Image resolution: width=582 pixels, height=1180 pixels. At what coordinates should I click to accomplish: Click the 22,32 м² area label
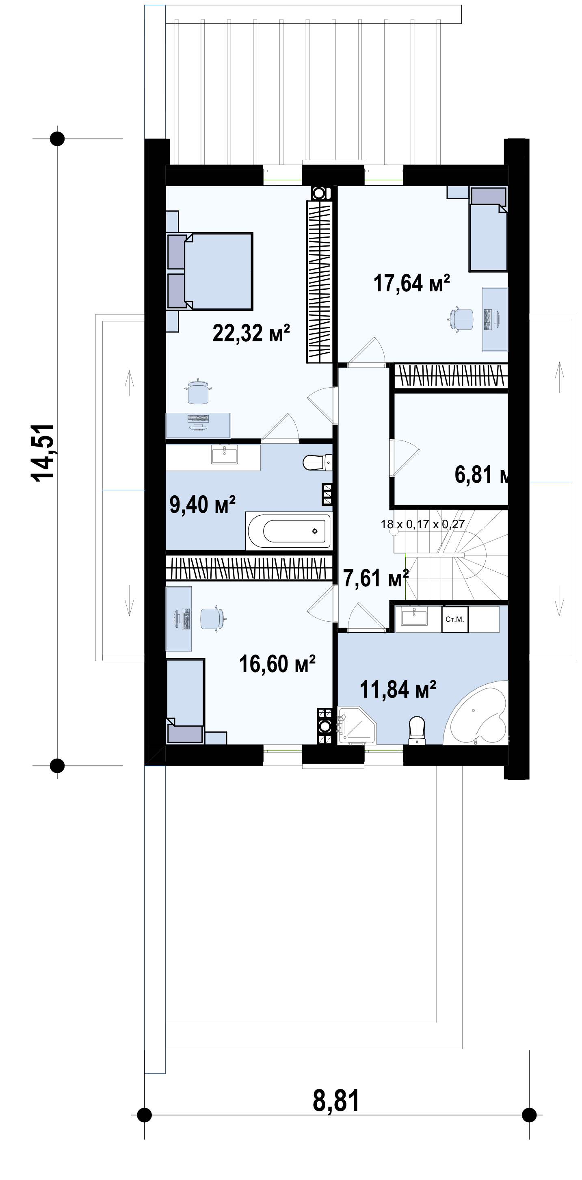pyautogui.click(x=251, y=333)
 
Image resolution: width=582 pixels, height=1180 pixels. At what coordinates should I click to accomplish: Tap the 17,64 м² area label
pyautogui.click(x=412, y=283)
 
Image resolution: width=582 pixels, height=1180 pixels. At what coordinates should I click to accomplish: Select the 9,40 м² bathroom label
pyautogui.click(x=202, y=505)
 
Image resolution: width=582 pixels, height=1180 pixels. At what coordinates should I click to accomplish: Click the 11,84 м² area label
pyautogui.click(x=398, y=690)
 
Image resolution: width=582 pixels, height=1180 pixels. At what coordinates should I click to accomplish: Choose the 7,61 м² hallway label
pyautogui.click(x=376, y=578)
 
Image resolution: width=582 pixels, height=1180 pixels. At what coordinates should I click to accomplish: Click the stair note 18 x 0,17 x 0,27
pyautogui.click(x=423, y=524)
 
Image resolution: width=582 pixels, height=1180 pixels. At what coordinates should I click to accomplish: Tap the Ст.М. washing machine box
pyautogui.click(x=455, y=619)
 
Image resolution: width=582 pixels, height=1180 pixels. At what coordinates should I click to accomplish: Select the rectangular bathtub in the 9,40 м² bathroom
pyautogui.click(x=288, y=531)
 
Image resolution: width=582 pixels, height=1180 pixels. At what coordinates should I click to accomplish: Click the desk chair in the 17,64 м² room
pyautogui.click(x=461, y=319)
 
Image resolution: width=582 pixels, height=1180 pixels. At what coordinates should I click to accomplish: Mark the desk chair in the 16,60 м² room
pyautogui.click(x=214, y=618)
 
